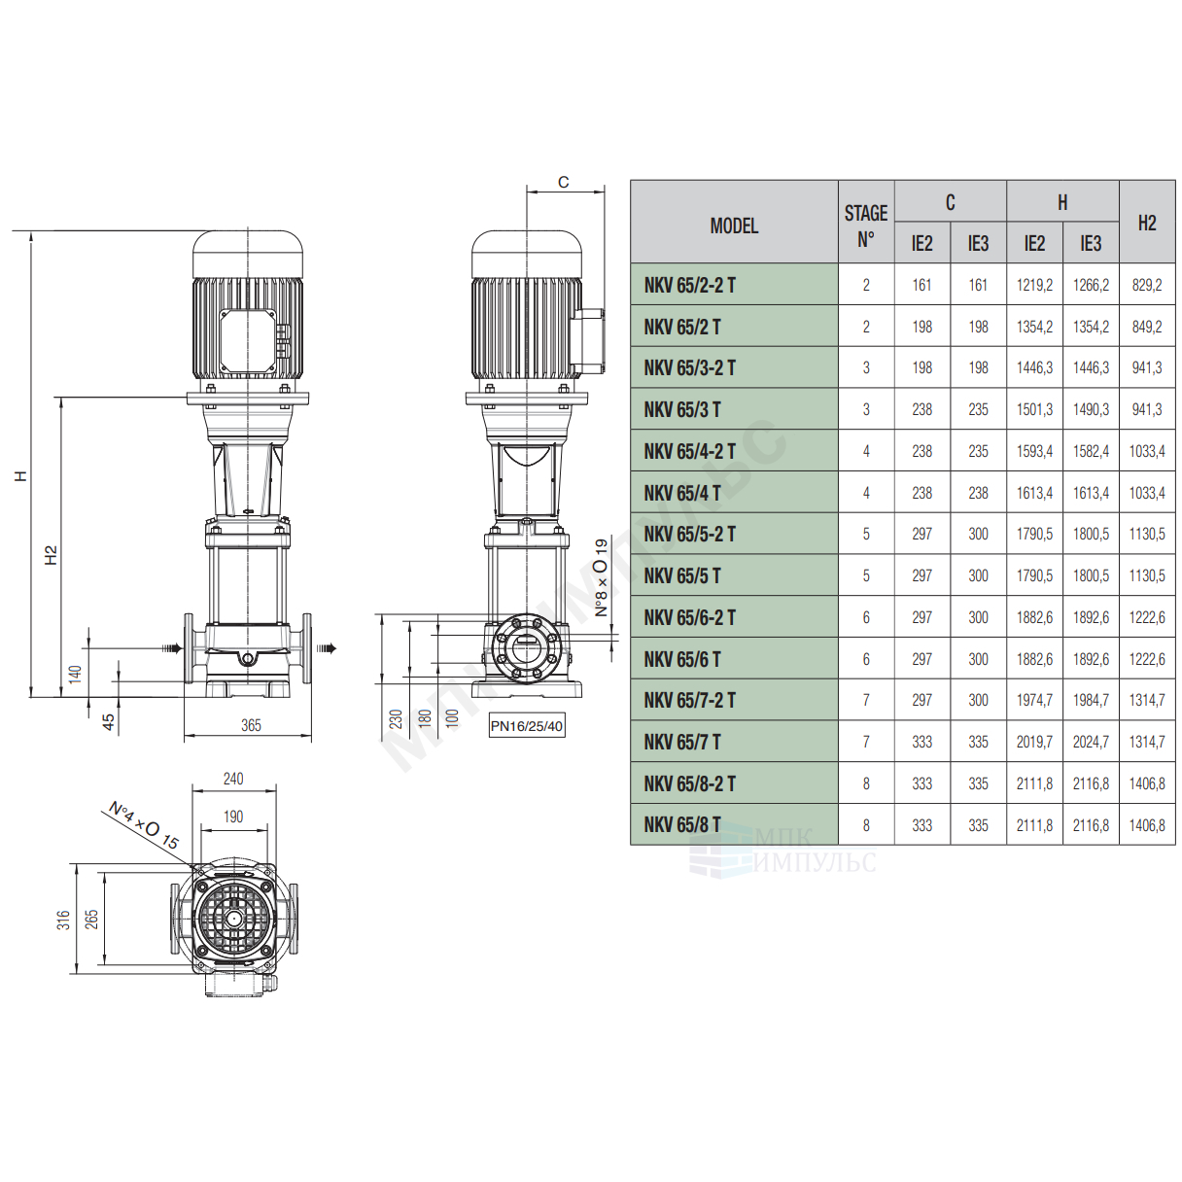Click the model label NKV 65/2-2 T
[x=689, y=285]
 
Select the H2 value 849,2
[x=1146, y=327]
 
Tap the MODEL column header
[x=734, y=226]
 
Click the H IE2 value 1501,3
[x=1033, y=410]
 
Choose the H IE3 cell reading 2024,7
[x=1090, y=743]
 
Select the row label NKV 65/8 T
[x=681, y=825]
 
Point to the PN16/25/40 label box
[x=526, y=726]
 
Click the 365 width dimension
[x=251, y=726]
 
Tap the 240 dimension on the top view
[x=233, y=779]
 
